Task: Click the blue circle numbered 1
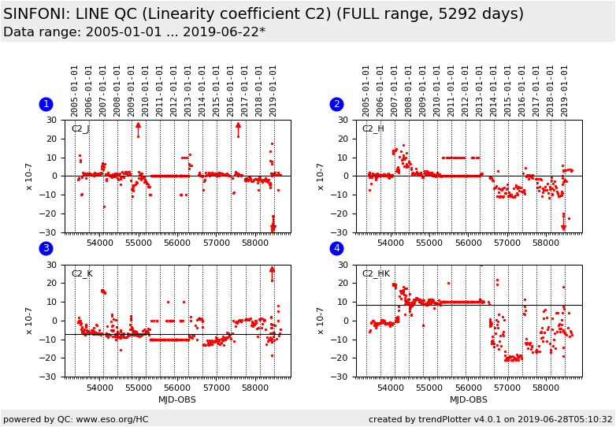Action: coord(46,104)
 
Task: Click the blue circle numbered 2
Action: coord(336,104)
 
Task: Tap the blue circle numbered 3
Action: coord(46,249)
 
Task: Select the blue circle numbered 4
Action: coord(336,249)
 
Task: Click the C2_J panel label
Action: coord(80,129)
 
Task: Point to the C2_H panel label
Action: coord(373,129)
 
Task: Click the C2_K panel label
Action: coord(81,274)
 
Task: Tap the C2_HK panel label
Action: coord(375,274)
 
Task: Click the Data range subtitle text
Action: coord(134,32)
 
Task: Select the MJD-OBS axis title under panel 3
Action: coord(177,399)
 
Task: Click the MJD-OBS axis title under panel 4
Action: coord(469,399)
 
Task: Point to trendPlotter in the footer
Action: coord(437,419)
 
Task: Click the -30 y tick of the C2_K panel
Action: coord(50,377)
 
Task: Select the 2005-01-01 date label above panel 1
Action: coord(75,91)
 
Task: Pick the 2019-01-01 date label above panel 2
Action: coord(565,91)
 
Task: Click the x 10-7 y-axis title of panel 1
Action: coord(29,176)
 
